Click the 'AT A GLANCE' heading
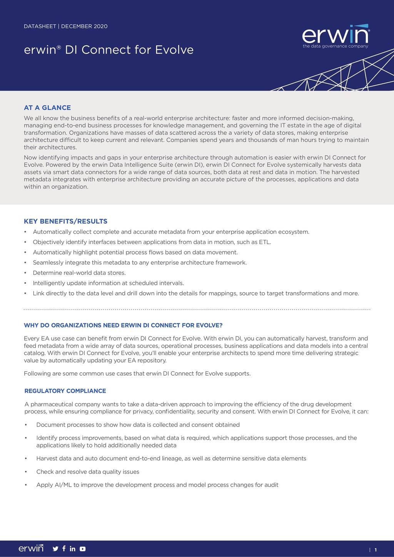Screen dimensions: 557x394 (47, 108)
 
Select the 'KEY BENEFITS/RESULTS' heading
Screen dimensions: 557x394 (65, 221)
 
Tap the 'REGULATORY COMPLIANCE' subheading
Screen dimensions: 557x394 (65, 391)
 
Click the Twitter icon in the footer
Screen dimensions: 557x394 (55, 549)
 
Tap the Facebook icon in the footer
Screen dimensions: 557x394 (64, 549)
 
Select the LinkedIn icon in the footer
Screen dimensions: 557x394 (73, 549)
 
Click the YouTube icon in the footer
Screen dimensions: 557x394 (83, 549)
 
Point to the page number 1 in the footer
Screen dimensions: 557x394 (376, 550)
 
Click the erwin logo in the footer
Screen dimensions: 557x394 (31, 548)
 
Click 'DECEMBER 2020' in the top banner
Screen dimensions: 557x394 (84, 27)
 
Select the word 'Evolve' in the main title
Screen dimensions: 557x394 (174, 50)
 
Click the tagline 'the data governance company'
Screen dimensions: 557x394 (335, 46)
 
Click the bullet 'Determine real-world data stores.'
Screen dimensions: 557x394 (79, 273)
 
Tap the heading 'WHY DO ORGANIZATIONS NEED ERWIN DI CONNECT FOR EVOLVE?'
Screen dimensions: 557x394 (123, 325)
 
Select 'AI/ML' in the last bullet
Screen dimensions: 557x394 (63, 485)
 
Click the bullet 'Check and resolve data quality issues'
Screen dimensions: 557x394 (88, 472)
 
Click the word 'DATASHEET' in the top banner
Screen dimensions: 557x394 (40, 27)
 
